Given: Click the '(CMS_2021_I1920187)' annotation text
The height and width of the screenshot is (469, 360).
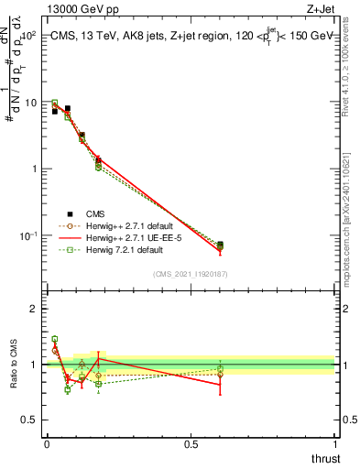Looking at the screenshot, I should pos(191,274).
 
